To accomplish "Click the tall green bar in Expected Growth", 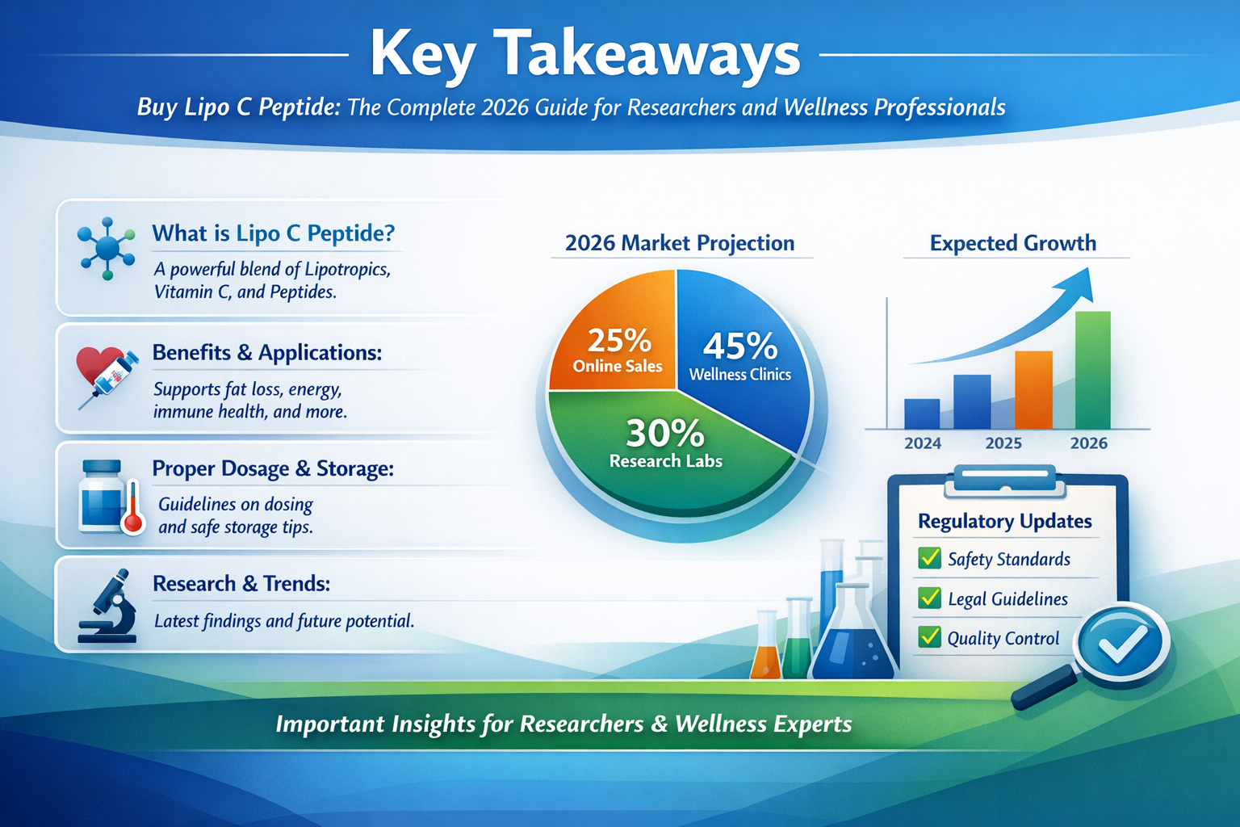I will (1092, 372).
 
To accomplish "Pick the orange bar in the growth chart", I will (1033, 392).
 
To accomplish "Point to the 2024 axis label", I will (923, 443).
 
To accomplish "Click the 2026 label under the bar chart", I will (1088, 443).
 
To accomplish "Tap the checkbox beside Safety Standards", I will (930, 558).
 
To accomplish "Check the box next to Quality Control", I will (930, 637).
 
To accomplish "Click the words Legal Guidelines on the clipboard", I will (1007, 599).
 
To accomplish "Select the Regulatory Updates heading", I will (1005, 522).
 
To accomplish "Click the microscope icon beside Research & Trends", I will (108, 607).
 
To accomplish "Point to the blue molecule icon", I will (107, 248).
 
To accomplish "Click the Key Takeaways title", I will (584, 55).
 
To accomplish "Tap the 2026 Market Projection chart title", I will (680, 243).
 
